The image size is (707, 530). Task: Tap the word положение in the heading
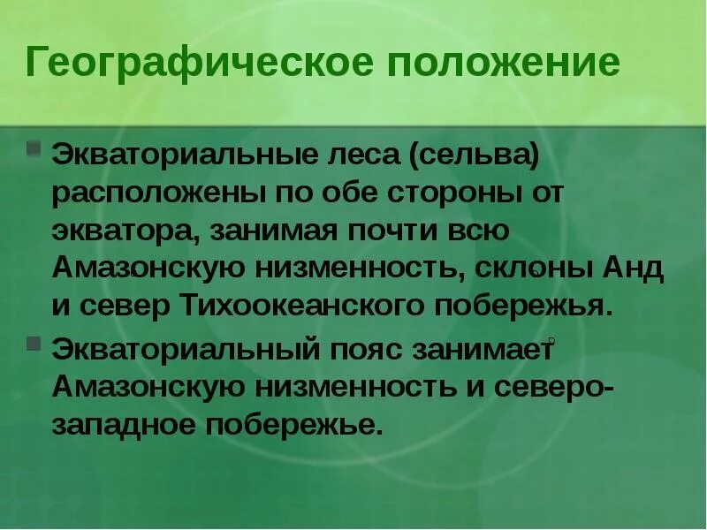click(491, 64)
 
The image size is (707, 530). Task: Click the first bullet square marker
click(34, 146)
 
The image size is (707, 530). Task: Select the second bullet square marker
click(34, 342)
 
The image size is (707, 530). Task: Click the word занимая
click(281, 231)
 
